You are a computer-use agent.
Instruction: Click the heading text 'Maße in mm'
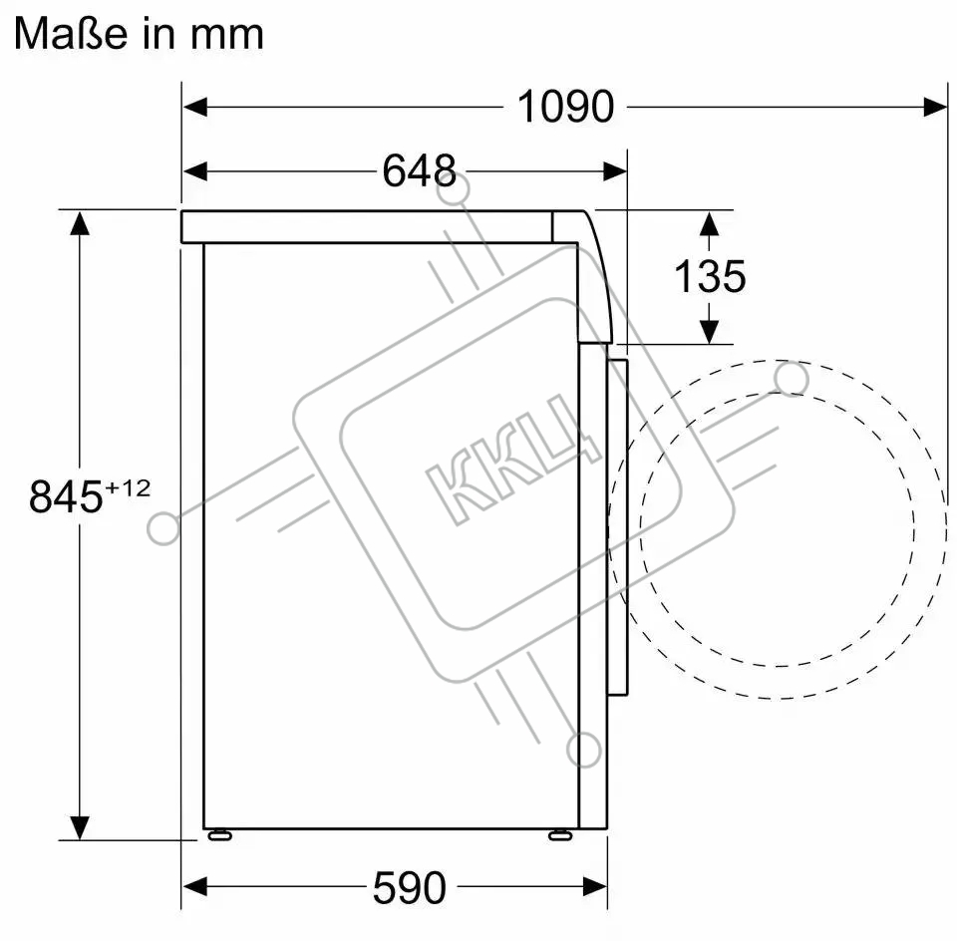click(139, 33)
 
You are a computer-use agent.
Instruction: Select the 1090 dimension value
click(565, 107)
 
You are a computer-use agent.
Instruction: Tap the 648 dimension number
click(420, 170)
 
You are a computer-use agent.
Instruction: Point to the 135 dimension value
click(709, 276)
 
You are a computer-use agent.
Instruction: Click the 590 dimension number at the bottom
click(410, 888)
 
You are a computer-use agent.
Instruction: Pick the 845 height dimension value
click(66, 496)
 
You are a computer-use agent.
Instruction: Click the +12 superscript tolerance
click(128, 488)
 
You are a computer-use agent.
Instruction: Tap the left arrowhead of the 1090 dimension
click(194, 107)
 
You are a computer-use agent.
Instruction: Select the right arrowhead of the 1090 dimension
click(935, 107)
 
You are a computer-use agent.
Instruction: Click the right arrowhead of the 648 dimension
click(615, 171)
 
